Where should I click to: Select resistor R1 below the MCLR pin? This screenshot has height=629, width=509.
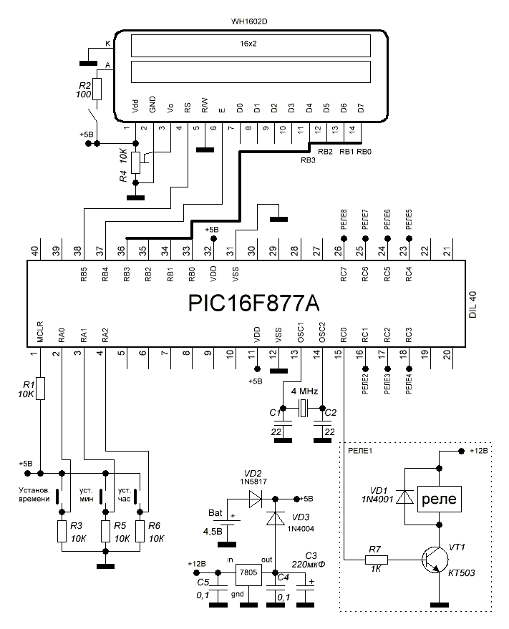pyautogui.click(x=40, y=388)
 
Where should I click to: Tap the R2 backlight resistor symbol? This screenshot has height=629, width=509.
pyautogui.click(x=97, y=89)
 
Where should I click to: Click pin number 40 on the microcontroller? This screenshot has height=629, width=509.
pyautogui.click(x=34, y=252)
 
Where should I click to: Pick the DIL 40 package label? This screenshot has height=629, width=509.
pyautogui.click(x=472, y=303)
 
